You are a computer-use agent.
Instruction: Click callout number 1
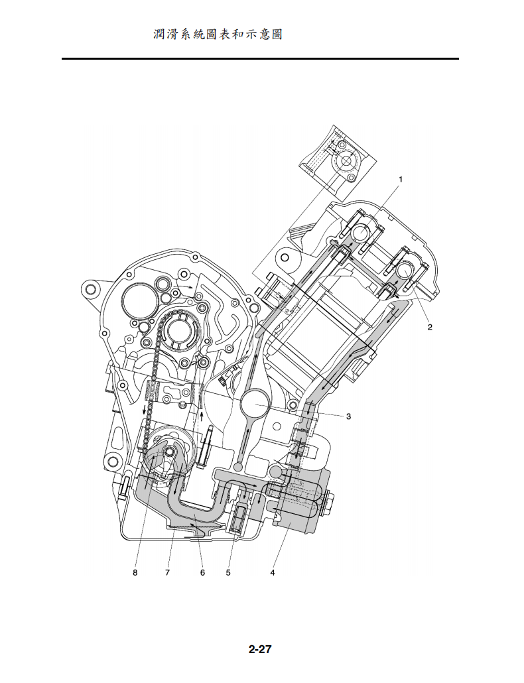click(x=401, y=179)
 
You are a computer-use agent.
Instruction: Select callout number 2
click(x=430, y=327)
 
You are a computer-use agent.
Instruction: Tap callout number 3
click(x=348, y=416)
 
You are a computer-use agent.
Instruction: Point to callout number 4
click(x=273, y=572)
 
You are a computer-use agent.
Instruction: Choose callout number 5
click(x=228, y=572)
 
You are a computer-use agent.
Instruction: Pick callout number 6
click(x=202, y=572)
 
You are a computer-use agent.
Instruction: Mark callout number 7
click(x=168, y=572)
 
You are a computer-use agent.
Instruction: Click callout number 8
click(x=135, y=572)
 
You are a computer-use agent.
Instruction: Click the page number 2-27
click(x=260, y=649)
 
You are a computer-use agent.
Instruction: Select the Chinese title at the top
click(x=218, y=34)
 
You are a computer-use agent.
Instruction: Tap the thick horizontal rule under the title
click(x=260, y=59)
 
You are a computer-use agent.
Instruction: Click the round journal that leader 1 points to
click(x=360, y=233)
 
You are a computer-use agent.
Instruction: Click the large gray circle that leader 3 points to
click(x=255, y=402)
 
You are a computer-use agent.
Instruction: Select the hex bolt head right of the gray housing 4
click(x=329, y=503)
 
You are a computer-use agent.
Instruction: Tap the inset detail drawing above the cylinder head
click(x=338, y=161)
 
